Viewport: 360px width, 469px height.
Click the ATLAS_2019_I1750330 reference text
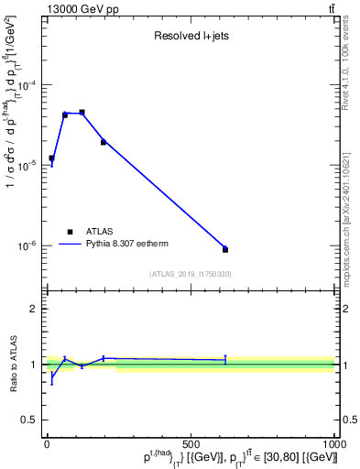[191, 274]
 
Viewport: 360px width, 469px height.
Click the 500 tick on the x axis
[191, 444]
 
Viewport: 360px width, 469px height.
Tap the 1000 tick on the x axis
[333, 444]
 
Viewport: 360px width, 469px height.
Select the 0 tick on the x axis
[48, 444]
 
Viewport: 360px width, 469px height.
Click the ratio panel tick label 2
[33, 310]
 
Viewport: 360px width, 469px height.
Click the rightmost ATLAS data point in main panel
[225, 249]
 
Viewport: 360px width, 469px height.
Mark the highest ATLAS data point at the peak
[82, 112]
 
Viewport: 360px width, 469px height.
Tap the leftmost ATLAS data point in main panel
[51, 158]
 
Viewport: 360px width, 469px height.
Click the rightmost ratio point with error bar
[225, 360]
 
